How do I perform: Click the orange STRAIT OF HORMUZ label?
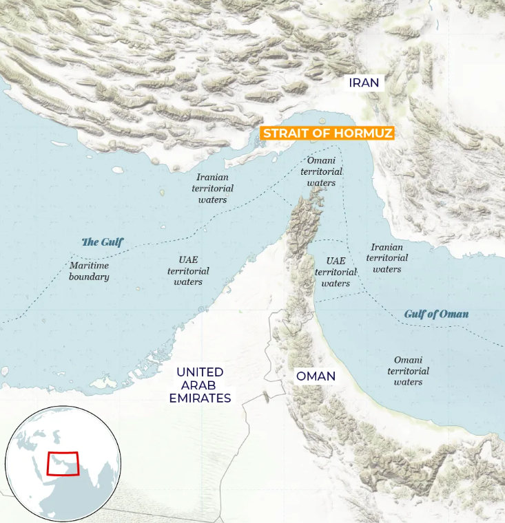[x=327, y=133]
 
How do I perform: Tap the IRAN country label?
[x=364, y=83]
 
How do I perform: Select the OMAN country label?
[x=316, y=376]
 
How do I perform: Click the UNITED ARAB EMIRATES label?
[x=200, y=385]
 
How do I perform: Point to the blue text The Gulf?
[x=103, y=242]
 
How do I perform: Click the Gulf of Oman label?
[x=436, y=314]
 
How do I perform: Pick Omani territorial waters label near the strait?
[x=321, y=171]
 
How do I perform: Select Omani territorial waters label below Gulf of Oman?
[x=408, y=371]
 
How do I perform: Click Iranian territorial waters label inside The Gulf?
[x=212, y=188]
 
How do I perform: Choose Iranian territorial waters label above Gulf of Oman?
[x=387, y=257]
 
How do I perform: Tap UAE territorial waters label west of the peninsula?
[x=188, y=271]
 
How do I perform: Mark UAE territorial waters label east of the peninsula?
[x=336, y=272]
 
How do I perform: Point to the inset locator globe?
[x=63, y=463]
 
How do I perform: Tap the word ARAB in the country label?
[x=200, y=385]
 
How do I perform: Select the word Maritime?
[x=89, y=265]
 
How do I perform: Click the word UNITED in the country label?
[x=200, y=372]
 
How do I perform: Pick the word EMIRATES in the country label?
[x=200, y=397]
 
